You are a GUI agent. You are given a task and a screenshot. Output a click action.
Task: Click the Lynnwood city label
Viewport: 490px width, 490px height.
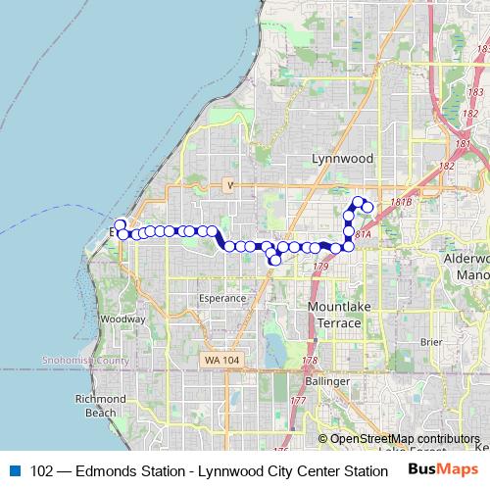pyautogui.click(x=336, y=157)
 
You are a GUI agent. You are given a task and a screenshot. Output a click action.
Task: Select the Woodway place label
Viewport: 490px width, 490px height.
pyautogui.click(x=123, y=318)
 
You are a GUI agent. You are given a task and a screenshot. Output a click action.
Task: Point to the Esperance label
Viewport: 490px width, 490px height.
pyautogui.click(x=222, y=297)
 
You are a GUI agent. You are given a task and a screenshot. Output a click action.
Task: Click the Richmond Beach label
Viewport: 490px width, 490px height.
pyautogui.click(x=100, y=407)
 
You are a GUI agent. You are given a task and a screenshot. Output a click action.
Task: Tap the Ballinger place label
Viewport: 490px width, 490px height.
pyautogui.click(x=326, y=380)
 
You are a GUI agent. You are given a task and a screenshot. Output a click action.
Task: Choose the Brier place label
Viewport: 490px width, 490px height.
pyautogui.click(x=430, y=342)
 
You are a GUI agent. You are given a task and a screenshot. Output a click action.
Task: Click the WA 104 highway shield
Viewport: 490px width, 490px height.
pyautogui.click(x=222, y=361)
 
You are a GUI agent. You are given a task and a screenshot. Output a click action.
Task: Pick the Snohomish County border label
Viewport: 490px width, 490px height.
pyautogui.click(x=85, y=361)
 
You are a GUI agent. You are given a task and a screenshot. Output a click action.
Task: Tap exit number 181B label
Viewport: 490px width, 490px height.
pyautogui.click(x=400, y=202)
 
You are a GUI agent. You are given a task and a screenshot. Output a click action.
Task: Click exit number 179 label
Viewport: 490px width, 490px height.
pyautogui.click(x=319, y=266)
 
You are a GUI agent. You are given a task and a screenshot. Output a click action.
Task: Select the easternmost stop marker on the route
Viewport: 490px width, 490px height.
pyautogui.click(x=367, y=208)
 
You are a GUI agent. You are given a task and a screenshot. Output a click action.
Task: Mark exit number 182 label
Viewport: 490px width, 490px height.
pyautogui.click(x=449, y=167)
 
